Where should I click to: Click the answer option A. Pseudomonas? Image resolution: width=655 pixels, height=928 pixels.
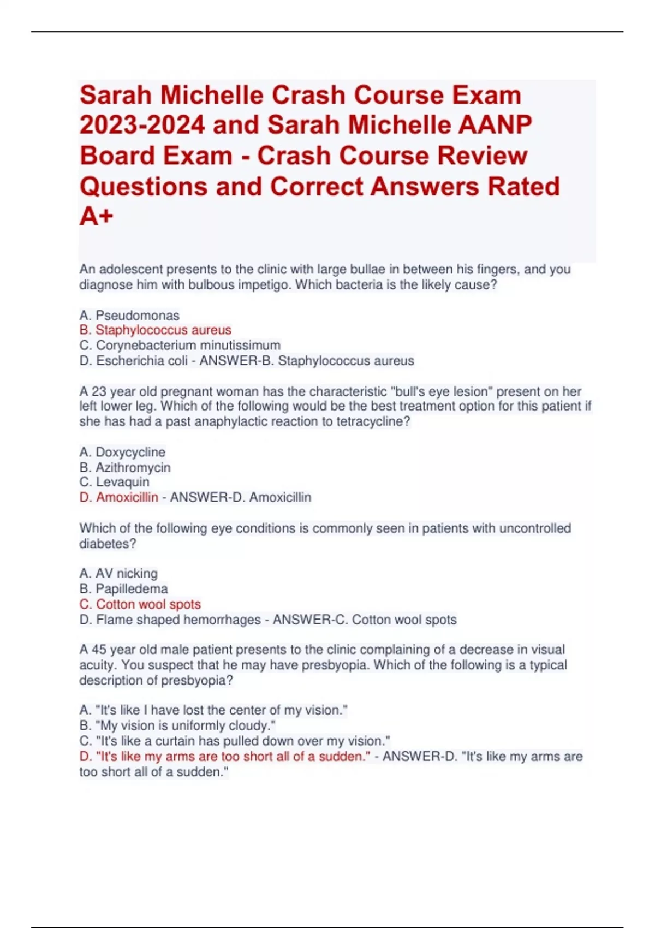point(129,315)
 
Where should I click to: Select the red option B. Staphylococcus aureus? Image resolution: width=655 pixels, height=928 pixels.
point(156,330)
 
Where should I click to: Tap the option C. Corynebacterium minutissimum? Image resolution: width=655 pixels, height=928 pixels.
point(180,345)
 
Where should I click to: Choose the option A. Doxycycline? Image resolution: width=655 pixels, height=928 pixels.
point(122,452)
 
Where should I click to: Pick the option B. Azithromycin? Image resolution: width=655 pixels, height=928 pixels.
point(125,467)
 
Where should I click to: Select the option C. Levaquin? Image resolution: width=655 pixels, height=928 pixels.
point(114,482)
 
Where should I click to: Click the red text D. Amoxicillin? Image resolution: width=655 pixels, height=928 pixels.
point(119,497)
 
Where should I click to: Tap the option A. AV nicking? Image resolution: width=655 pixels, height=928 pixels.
point(118,573)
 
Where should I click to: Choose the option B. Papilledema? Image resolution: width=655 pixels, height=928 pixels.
point(123,588)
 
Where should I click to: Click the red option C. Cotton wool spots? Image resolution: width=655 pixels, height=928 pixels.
point(140,604)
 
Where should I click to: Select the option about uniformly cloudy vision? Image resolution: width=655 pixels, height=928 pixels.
point(177,725)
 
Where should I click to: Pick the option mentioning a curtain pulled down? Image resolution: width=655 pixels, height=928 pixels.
point(235,741)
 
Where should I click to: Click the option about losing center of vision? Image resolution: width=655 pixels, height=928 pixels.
point(213,710)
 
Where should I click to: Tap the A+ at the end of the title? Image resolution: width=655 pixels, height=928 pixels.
point(97,216)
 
